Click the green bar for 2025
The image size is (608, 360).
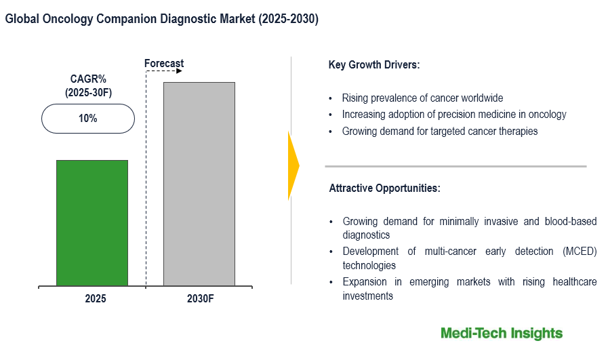pyautogui.click(x=92, y=223)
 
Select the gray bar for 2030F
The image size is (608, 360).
pyautogui.click(x=199, y=184)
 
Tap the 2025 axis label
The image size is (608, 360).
pyautogui.click(x=96, y=298)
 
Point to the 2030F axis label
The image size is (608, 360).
pyautogui.click(x=200, y=298)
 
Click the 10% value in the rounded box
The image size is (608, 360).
pyautogui.click(x=87, y=119)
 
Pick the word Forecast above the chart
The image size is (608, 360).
pyautogui.click(x=164, y=64)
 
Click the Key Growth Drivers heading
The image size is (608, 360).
pyautogui.click(x=374, y=65)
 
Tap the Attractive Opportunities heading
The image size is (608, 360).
pyautogui.click(x=385, y=188)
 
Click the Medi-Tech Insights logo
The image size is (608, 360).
pyautogui.click(x=502, y=333)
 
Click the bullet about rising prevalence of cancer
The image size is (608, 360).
pyautogui.click(x=422, y=98)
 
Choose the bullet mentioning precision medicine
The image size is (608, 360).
pyautogui.click(x=453, y=115)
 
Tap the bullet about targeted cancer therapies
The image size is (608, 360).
pyautogui.click(x=439, y=132)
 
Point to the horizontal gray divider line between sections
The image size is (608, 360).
pyautogui.click(x=455, y=166)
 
